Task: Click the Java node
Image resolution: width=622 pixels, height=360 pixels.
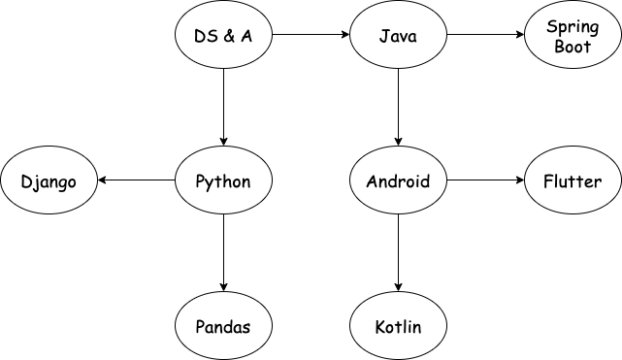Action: [398, 37]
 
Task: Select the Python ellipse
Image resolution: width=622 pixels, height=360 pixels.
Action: [223, 181]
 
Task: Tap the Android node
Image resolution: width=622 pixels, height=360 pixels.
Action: [398, 181]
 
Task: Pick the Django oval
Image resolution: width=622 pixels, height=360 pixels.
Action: [49, 181]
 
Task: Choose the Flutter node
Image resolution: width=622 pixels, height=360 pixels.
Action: [573, 181]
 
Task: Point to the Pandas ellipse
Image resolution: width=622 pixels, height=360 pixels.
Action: [223, 326]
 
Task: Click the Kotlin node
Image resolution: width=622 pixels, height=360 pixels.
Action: [398, 326]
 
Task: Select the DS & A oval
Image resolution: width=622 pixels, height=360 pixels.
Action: [223, 37]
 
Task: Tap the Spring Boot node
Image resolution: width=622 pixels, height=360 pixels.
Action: [573, 37]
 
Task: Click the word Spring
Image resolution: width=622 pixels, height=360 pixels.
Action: [573, 27]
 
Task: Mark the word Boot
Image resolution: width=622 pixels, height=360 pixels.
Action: [573, 47]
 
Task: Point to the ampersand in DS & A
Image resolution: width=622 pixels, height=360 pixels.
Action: [224, 37]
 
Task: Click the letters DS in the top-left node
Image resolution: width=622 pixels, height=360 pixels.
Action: [203, 37]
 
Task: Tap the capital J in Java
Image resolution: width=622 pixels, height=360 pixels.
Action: [382, 37]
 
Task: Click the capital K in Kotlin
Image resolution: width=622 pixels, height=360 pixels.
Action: [379, 326]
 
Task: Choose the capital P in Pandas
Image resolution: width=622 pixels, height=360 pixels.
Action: [201, 326]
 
